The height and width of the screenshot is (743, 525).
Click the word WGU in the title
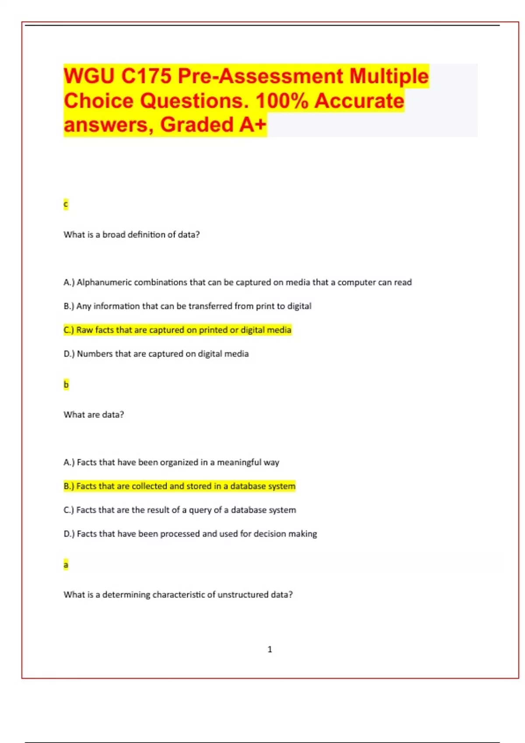point(89,76)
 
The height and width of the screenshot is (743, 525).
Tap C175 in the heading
point(146,76)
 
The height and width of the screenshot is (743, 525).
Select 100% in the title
point(282,101)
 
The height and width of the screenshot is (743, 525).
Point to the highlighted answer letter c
point(66,204)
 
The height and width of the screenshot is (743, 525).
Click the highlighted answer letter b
point(66,385)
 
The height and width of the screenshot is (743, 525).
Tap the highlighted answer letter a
point(66,565)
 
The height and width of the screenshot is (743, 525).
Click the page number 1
point(269,649)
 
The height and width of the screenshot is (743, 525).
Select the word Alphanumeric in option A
point(104,282)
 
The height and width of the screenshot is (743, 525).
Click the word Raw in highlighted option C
point(84,330)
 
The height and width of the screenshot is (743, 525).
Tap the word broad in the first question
point(114,235)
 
